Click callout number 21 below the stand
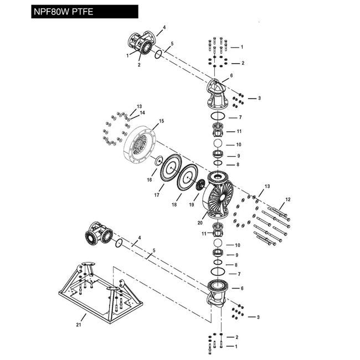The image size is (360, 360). (78, 325)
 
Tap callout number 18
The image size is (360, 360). (174, 204)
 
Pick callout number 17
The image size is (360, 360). (157, 195)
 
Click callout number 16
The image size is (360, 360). (149, 179)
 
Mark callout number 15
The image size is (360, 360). (162, 121)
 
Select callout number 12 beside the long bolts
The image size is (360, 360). (288, 198)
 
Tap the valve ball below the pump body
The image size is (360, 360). (218, 244)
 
